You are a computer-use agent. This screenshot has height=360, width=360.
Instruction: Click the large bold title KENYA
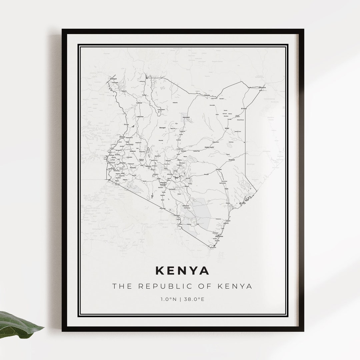[182, 270]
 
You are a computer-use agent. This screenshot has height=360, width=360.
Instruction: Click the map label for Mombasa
[219, 236]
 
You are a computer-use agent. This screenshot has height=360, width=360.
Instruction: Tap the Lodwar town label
[139, 103]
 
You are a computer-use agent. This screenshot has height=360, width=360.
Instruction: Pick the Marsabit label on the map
[186, 117]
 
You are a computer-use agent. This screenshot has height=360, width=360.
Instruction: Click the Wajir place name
[227, 128]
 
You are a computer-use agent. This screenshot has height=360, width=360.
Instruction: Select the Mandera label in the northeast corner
[262, 87]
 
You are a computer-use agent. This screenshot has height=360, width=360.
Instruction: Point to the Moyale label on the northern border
[207, 95]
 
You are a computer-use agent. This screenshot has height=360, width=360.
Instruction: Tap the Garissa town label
[219, 169]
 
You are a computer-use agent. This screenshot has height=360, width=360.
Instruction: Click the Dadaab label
[232, 160]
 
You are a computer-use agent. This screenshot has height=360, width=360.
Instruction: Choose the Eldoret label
[133, 151]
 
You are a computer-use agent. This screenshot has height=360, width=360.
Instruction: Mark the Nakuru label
[148, 166]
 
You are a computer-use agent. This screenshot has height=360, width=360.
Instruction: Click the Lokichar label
[140, 116]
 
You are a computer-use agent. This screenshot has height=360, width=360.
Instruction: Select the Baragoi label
[162, 127]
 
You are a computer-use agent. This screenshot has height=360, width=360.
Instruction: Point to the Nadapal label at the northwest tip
[109, 79]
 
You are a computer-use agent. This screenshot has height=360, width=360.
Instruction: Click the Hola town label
[226, 189]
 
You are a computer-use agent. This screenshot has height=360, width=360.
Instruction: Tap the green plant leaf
[18, 323]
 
